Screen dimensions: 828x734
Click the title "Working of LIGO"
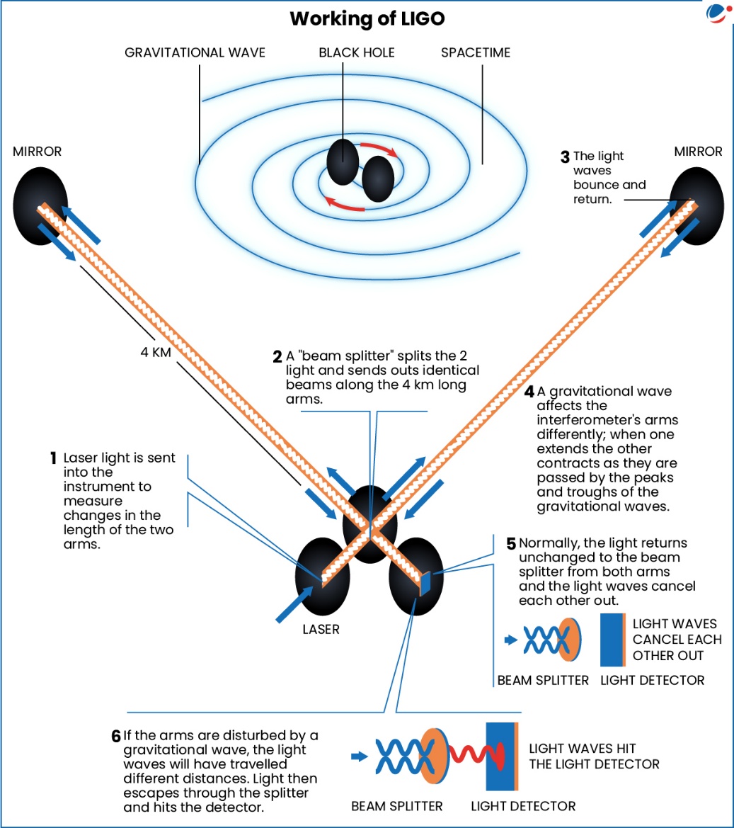(x=367, y=19)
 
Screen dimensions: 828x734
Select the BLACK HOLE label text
(x=356, y=53)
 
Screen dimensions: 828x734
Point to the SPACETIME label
(x=475, y=53)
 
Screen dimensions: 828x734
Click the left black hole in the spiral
(x=343, y=161)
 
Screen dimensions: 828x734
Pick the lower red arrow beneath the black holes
(x=345, y=204)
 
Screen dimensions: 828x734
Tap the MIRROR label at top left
(x=38, y=152)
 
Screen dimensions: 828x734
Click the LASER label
(x=321, y=628)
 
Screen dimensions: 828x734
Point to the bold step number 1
(x=53, y=458)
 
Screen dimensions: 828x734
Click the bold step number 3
(x=564, y=156)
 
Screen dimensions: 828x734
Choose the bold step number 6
(x=116, y=736)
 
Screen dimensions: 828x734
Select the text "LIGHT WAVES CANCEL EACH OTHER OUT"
(x=676, y=639)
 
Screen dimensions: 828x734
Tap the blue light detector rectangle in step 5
(x=610, y=640)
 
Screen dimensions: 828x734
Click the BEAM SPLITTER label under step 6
(x=396, y=806)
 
